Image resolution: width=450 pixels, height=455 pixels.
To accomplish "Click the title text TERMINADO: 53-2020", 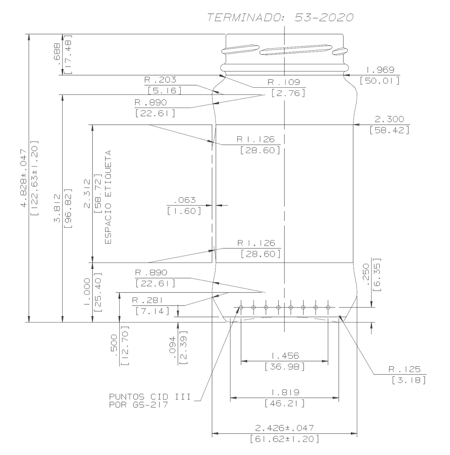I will coord(280,18).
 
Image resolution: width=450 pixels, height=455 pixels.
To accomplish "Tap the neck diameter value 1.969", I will coord(380,70).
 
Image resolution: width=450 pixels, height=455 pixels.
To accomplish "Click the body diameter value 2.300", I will coord(389,119).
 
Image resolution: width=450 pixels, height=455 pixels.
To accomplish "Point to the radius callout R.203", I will coord(160,80).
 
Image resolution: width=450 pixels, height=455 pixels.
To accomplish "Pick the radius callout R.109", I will coord(284,82).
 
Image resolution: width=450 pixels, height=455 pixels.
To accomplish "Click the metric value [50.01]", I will coord(380,81).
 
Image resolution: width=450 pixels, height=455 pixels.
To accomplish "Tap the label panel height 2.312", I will coord(88,193).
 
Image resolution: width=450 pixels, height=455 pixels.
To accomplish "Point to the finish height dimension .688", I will coord(57,54).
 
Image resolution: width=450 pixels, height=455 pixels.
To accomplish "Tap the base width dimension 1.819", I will coord(285,392).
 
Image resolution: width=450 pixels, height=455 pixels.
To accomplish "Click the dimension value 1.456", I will coord(285,356).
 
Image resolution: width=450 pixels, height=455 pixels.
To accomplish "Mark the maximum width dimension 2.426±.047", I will coord(284,428).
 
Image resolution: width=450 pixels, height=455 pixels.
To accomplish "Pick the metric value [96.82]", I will coord(68,208).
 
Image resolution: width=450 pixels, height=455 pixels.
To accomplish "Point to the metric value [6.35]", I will coord(377,274).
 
